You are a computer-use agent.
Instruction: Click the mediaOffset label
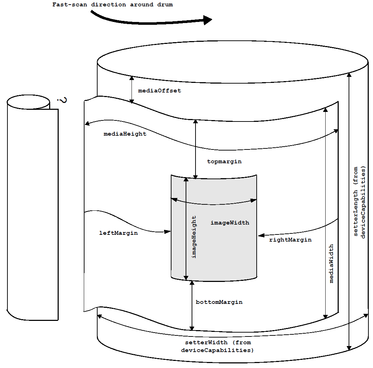coord(159,91)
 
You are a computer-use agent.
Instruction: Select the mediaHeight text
coord(125,134)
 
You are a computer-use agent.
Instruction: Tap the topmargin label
coord(224,162)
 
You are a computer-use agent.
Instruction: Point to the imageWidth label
coord(230,223)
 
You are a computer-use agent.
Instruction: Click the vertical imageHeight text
coord(194,237)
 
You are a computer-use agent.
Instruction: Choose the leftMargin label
coord(118,233)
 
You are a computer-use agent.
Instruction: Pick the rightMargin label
coord(290,240)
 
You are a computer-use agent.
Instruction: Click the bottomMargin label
coord(219,302)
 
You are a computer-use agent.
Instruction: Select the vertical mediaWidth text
coord(331,263)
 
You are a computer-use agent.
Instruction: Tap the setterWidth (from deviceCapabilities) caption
coord(218,346)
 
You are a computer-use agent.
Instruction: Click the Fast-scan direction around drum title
coord(112,5)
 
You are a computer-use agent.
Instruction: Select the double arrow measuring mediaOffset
coord(132,90)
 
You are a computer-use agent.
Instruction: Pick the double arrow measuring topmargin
coord(196,149)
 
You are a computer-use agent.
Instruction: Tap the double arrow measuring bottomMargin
coord(192,305)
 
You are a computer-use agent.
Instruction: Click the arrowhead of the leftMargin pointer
coord(168,232)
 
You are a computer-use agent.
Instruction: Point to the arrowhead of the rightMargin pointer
coord(261,235)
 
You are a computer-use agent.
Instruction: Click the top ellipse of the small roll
coord(28,102)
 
